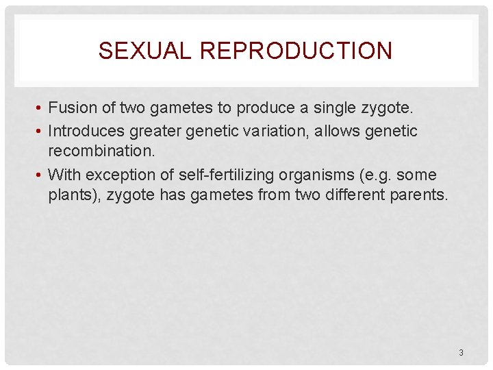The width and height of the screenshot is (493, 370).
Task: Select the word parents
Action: point(420,195)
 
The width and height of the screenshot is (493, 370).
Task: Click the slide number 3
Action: point(461,353)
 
